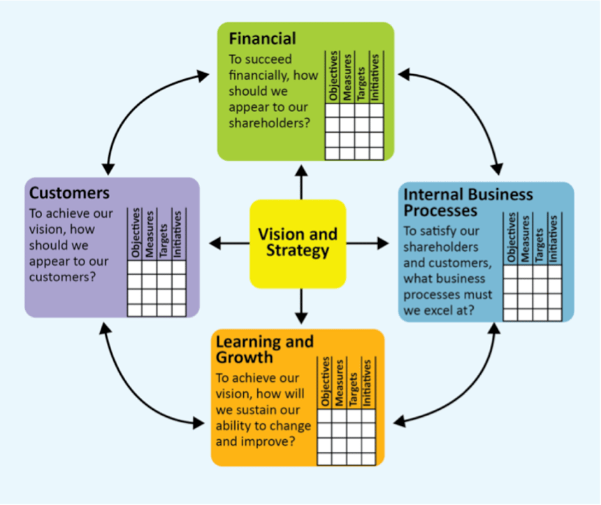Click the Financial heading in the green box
tap(262, 38)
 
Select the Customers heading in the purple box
tap(69, 192)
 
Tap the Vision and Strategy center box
tap(298, 243)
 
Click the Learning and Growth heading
tap(264, 349)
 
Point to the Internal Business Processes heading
tap(468, 202)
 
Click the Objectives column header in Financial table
tap(333, 76)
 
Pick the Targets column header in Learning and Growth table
tap(353, 389)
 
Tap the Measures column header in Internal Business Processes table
tap(525, 239)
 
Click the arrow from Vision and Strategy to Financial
tap(302, 183)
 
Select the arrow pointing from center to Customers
tap(229, 243)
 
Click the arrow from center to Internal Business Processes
tap(367, 243)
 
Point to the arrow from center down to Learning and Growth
tap(302, 306)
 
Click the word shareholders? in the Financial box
tap(269, 123)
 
